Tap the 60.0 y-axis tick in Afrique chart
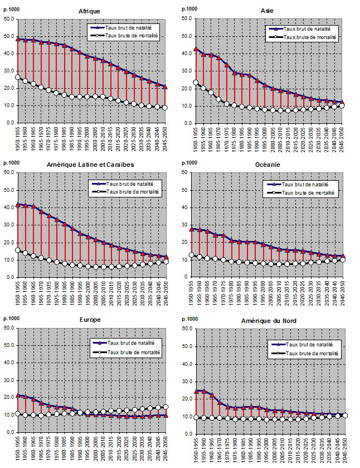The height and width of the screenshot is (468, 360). coord(9,18)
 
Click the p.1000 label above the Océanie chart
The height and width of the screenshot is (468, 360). coord(192,163)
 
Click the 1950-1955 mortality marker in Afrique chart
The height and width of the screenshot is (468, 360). coord(18,77)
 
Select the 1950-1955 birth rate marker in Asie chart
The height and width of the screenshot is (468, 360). coord(196,49)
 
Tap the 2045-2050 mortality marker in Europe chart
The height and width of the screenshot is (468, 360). coord(166,407)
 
